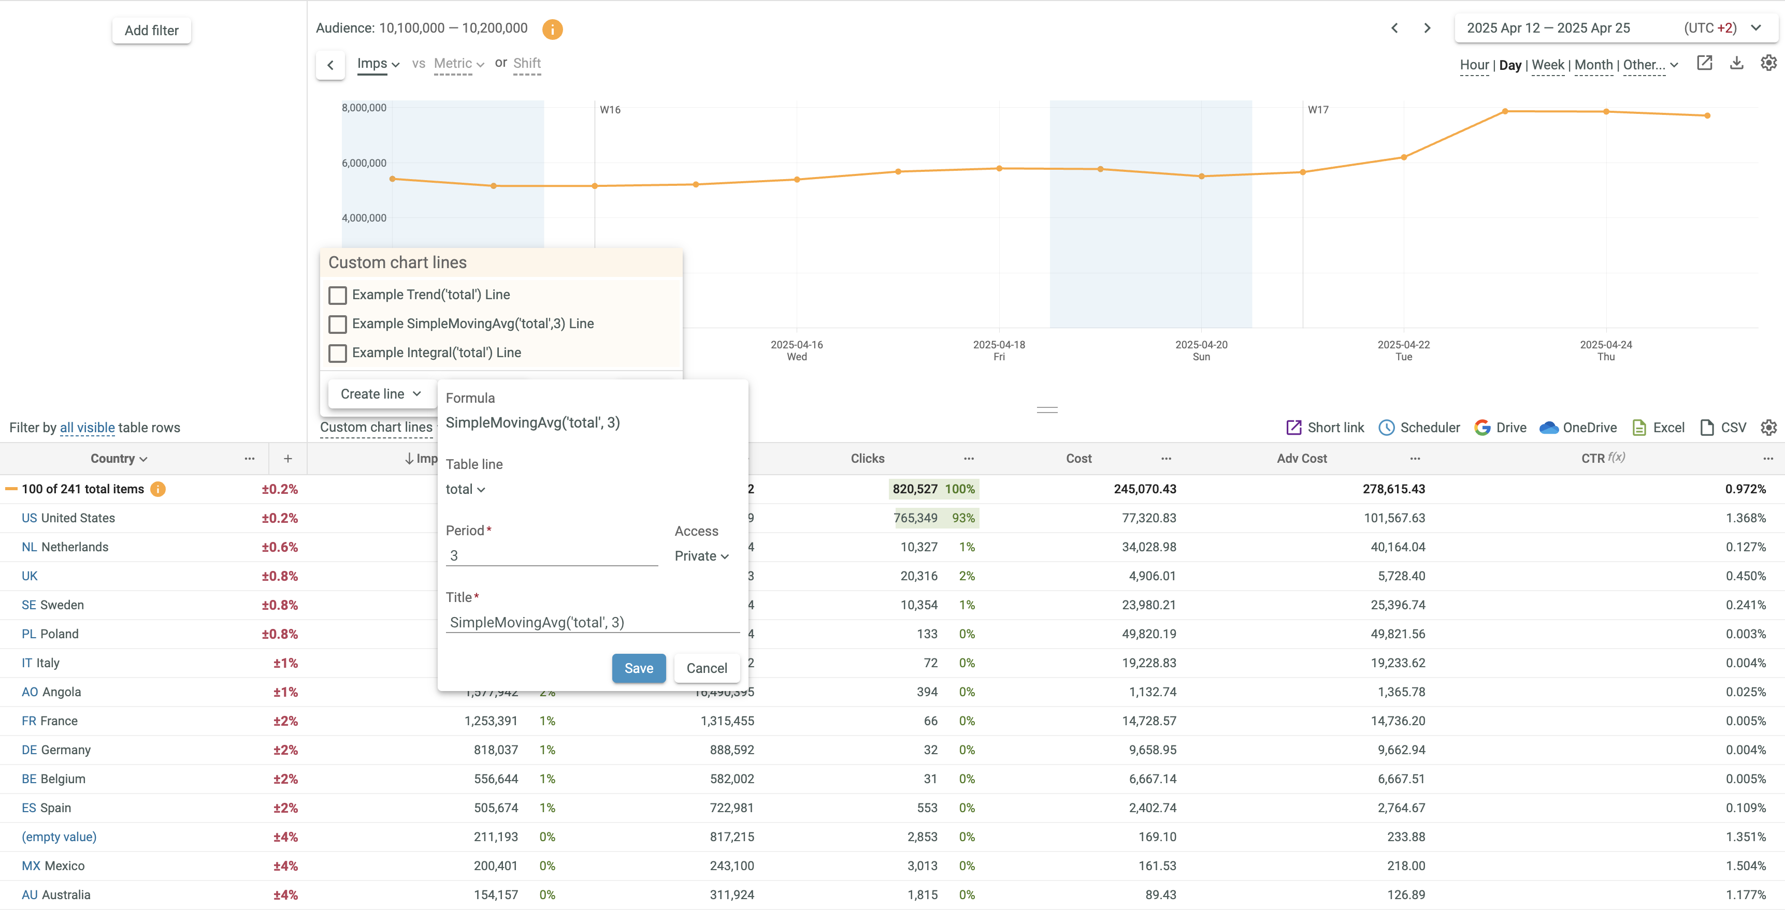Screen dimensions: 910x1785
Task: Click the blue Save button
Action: [638, 668]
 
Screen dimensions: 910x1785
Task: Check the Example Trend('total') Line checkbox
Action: [337, 295]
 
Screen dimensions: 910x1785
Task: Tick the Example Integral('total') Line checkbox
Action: [337, 353]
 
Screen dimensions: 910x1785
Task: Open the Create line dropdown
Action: [380, 394]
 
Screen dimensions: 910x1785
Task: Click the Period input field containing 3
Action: [551, 555]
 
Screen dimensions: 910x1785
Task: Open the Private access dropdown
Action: [701, 556]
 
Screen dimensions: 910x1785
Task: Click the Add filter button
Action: [151, 31]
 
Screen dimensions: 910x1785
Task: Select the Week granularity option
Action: [1547, 65]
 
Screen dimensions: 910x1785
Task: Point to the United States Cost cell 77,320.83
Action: [1148, 518]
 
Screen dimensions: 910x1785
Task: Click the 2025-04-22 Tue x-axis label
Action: [1403, 350]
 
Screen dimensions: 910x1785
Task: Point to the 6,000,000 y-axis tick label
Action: [364, 164]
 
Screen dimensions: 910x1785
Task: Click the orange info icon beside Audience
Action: [552, 29]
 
